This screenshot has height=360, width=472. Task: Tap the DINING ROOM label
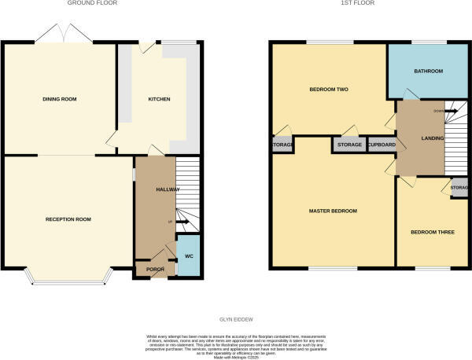point(59,99)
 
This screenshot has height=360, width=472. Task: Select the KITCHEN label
point(160,99)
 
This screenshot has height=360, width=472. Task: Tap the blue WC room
point(188,256)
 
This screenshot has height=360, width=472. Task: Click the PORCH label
point(154,270)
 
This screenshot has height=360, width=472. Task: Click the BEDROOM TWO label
point(327,90)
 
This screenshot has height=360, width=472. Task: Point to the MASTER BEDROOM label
point(334,211)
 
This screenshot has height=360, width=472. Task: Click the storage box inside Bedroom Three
point(459,188)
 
